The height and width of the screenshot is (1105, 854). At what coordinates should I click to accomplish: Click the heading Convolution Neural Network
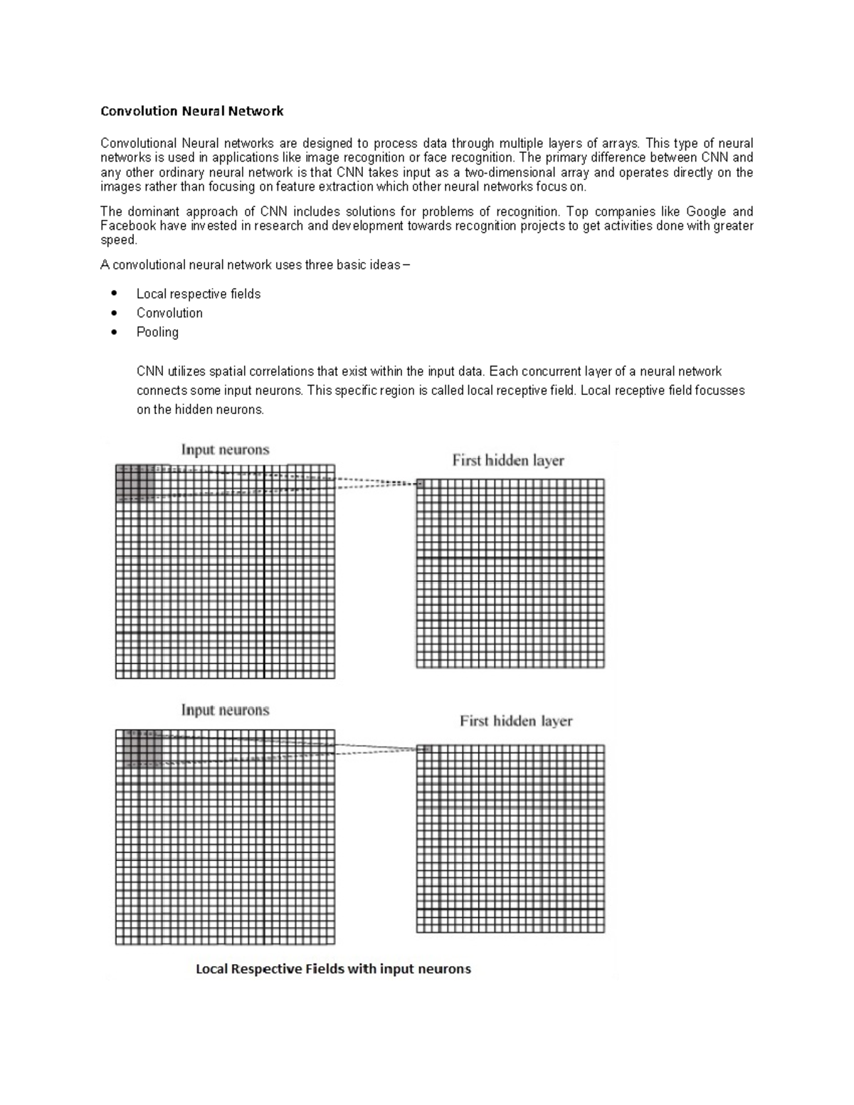point(191,111)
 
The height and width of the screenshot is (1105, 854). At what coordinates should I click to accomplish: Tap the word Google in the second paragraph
point(707,211)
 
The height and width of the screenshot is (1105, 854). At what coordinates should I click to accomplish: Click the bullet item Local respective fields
point(198,294)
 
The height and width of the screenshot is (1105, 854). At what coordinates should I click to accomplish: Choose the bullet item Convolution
point(169,313)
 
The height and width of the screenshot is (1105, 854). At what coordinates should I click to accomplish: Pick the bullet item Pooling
point(157,332)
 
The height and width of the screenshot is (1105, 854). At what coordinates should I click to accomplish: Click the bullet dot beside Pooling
point(114,332)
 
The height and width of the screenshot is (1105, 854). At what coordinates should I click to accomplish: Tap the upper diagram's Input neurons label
point(225,450)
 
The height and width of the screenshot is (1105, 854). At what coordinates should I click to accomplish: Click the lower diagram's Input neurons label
point(225,710)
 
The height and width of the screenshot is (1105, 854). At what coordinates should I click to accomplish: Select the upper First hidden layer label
point(507,460)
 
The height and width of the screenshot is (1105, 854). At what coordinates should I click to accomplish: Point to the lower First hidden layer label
point(516,721)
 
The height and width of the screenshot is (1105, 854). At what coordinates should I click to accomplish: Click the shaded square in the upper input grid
point(135,484)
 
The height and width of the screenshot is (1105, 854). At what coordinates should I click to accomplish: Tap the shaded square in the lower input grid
point(142,749)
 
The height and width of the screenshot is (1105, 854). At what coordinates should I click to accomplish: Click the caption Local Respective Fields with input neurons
point(333,969)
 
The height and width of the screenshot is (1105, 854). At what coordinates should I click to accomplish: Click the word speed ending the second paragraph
point(117,240)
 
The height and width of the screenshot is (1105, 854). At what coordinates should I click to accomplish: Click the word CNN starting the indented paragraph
point(149,371)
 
